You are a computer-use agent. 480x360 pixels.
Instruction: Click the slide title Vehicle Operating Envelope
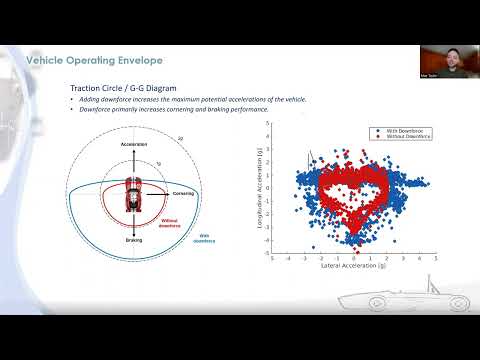80,60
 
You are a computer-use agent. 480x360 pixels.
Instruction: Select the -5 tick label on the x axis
272,259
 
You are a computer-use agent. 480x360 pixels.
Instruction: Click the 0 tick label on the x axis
354,259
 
